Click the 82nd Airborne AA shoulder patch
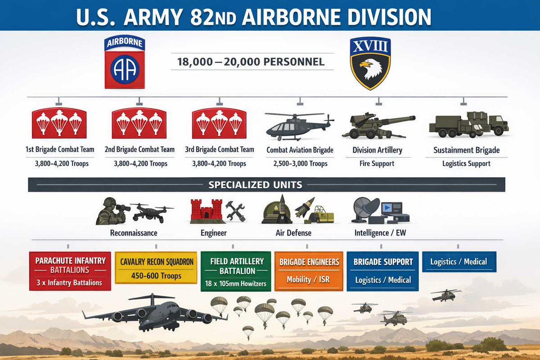pos(125,63)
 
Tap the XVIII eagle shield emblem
pos(370,63)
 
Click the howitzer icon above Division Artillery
pos(378,125)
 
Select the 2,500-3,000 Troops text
pos(300,164)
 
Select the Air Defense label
pos(293,233)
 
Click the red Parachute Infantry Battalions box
pos(70,271)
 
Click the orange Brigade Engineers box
pos(308,271)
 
